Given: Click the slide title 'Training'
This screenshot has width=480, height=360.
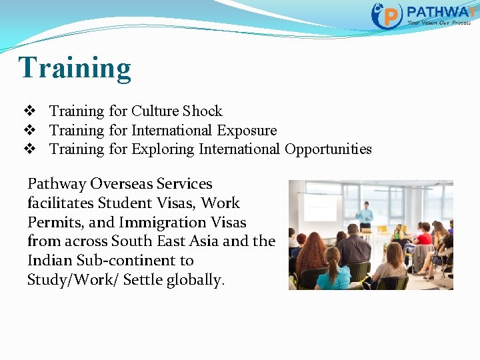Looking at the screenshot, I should (75, 68).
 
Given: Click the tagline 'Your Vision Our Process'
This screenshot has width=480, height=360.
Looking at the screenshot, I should (439, 23).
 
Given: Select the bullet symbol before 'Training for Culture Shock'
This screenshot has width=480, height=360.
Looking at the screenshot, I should (29, 111).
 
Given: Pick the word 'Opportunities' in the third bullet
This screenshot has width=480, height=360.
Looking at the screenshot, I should (328, 149).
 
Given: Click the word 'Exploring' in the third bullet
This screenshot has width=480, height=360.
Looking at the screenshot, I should (163, 149).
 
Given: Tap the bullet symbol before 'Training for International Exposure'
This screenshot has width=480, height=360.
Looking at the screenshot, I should (29, 130).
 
